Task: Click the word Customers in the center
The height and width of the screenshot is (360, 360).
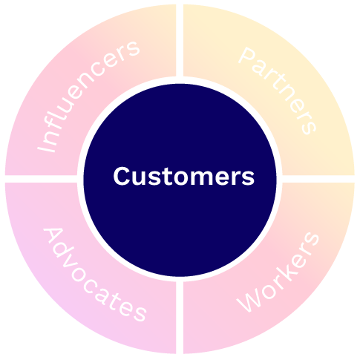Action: click(184, 176)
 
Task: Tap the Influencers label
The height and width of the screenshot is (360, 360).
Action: click(88, 96)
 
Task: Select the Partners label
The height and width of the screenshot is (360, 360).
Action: click(278, 91)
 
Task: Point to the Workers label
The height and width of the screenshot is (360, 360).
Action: click(278, 272)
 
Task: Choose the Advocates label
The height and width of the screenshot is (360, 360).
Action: click(95, 275)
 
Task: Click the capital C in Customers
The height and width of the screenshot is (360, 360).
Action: click(122, 176)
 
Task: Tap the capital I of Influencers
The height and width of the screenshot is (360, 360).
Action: click(46, 147)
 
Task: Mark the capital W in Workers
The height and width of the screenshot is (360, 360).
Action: click(249, 300)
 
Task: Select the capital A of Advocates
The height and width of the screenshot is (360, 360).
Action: click(54, 238)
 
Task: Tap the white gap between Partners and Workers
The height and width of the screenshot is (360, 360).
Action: click(318, 179)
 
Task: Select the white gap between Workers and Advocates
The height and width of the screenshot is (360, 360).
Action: click(180, 318)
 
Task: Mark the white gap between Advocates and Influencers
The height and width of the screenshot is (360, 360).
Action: click(41, 179)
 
